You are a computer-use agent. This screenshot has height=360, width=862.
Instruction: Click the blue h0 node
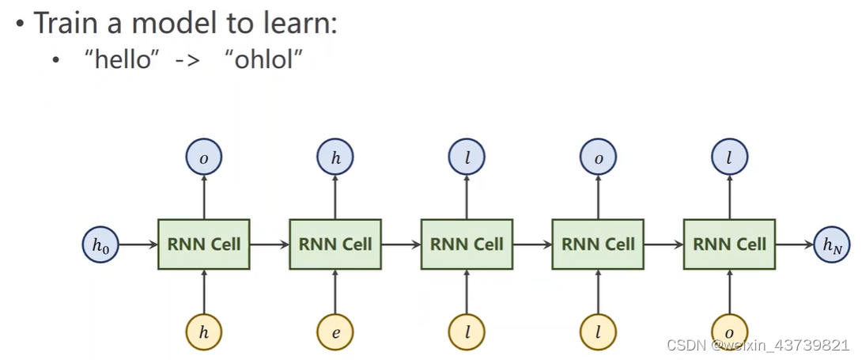[100, 244]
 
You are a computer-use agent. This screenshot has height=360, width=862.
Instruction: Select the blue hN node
[832, 244]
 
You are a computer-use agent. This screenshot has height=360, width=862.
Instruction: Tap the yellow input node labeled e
[335, 332]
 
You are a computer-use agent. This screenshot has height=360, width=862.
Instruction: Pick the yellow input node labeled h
[204, 332]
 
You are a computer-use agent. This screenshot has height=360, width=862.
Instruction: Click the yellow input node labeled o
[729, 332]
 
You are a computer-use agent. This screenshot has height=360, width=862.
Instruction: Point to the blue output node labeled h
[335, 157]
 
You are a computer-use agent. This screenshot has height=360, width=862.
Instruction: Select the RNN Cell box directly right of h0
[204, 244]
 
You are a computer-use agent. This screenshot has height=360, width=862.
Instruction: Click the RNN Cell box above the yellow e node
[335, 244]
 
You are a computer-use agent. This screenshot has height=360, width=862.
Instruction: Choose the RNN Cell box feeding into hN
[729, 244]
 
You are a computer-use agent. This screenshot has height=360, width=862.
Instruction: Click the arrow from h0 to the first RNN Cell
[138, 244]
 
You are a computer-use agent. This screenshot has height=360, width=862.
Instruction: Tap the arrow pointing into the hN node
[794, 244]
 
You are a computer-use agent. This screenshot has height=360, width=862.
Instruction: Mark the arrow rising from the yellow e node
[335, 291]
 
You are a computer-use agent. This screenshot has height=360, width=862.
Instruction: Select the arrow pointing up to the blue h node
[335, 197]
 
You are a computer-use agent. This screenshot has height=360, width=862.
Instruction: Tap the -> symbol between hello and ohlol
[188, 60]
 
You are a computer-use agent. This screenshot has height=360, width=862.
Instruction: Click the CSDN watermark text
[758, 345]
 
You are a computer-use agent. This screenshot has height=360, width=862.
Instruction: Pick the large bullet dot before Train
[21, 25]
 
